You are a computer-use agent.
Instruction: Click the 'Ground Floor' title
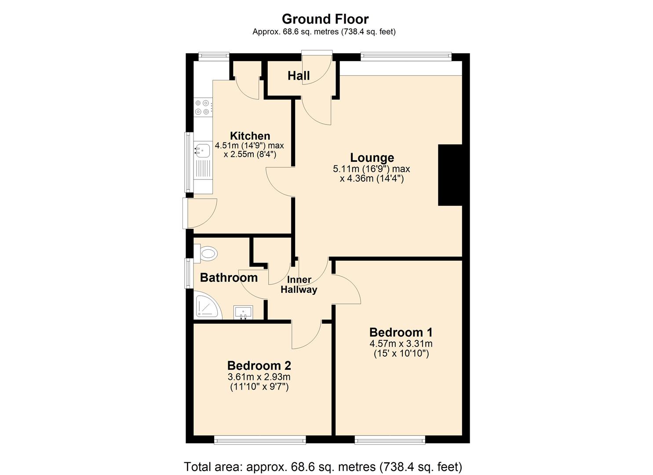pyautogui.click(x=325, y=19)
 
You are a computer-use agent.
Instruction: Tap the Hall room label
pyautogui.click(x=299, y=76)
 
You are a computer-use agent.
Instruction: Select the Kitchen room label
pyautogui.click(x=250, y=136)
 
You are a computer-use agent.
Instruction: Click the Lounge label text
pyautogui.click(x=372, y=157)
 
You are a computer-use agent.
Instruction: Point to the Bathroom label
pyautogui.click(x=229, y=278)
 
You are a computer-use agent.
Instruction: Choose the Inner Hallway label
pyautogui.click(x=299, y=285)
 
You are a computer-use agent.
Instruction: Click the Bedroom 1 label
pyautogui.click(x=401, y=332)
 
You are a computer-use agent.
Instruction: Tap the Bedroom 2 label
pyautogui.click(x=259, y=365)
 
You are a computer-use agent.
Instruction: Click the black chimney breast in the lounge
pyautogui.click(x=450, y=175)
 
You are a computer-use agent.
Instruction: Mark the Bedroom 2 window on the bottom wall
pyautogui.click(x=259, y=440)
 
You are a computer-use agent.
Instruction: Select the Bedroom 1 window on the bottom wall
pyautogui.click(x=390, y=440)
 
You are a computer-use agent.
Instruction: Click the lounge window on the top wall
pyautogui.click(x=406, y=56)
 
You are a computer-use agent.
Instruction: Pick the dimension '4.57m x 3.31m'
pyautogui.click(x=401, y=343)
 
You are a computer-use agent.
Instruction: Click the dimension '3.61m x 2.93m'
pyautogui.click(x=259, y=377)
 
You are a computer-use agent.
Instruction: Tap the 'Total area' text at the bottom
pyautogui.click(x=323, y=466)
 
